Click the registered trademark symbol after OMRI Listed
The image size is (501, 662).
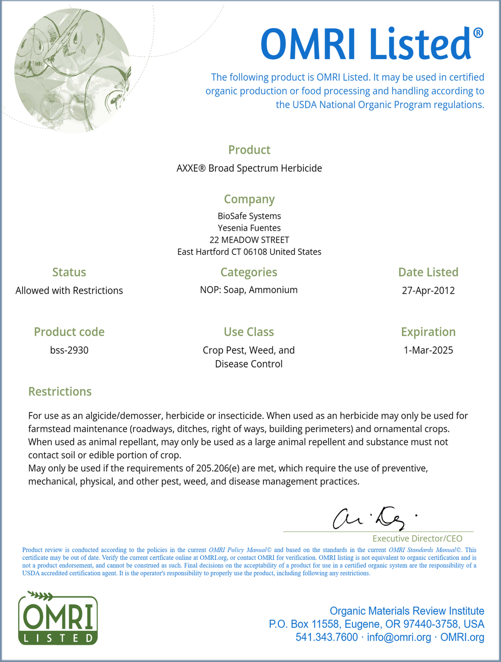(x=478, y=33)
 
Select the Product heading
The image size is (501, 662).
(x=249, y=150)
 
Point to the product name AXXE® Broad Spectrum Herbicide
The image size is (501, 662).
(x=249, y=168)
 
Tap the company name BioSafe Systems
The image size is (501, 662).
(x=249, y=216)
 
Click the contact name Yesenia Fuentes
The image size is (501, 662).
(x=249, y=228)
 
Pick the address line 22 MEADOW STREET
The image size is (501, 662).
(x=249, y=240)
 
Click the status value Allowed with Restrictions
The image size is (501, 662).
(x=69, y=291)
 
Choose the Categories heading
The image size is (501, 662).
(x=249, y=272)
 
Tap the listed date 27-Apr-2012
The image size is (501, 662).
(x=428, y=291)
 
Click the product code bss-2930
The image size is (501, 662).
(x=69, y=350)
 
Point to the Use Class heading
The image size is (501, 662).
(x=249, y=332)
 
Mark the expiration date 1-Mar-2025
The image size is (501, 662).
(x=428, y=350)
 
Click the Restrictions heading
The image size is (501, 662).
(x=60, y=391)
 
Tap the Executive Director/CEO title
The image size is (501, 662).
(x=417, y=538)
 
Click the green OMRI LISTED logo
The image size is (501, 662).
(x=58, y=619)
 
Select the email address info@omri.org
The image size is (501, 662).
(x=399, y=637)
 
